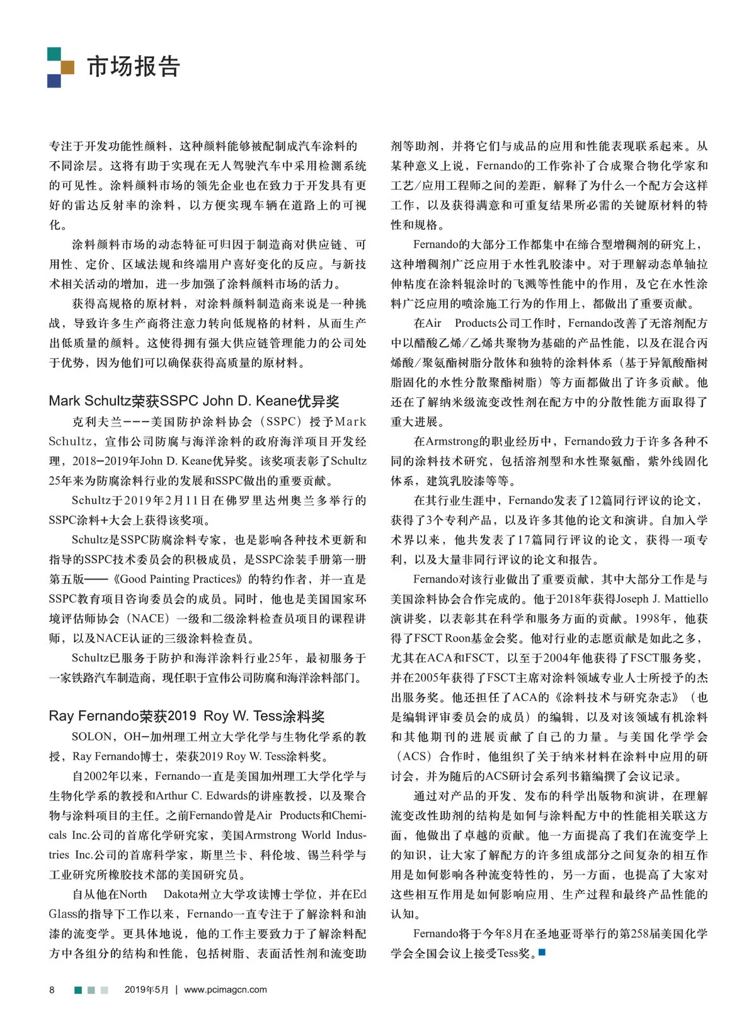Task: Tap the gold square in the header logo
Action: click(x=67, y=67)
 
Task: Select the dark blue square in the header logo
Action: click(x=54, y=81)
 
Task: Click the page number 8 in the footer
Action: click(x=52, y=990)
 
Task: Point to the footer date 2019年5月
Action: click(x=147, y=990)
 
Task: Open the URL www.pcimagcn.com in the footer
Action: click(x=225, y=990)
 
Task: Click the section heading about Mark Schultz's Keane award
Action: click(x=194, y=401)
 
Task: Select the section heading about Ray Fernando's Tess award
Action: click(x=186, y=716)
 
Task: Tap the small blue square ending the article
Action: click(x=542, y=952)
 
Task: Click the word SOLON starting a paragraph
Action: click(x=92, y=736)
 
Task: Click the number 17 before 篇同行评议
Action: click(x=525, y=540)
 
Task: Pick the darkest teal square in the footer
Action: click(x=78, y=990)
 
